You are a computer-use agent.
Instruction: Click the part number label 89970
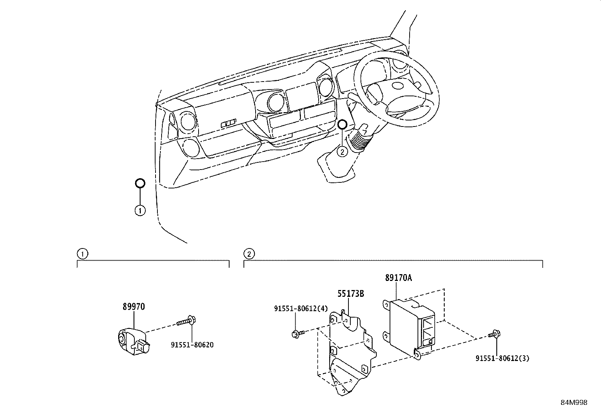point(133,307)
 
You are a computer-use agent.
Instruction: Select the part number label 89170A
point(398,278)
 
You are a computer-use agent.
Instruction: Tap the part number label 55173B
point(350,294)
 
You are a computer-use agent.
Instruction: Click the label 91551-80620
point(192,345)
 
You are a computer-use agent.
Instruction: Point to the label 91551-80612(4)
point(301,309)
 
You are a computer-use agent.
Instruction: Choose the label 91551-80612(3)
point(502,358)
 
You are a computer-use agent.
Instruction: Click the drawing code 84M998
point(574,403)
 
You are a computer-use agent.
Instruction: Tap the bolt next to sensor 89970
point(186,322)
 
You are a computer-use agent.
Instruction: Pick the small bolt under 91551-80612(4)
point(296,333)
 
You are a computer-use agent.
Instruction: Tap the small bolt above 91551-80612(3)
point(494,334)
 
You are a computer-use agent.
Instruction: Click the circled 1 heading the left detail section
point(82,254)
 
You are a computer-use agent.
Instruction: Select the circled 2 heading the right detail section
point(249,254)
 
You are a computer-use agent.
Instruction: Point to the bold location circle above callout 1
point(140,184)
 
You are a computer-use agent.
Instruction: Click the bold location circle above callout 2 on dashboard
point(342,124)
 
